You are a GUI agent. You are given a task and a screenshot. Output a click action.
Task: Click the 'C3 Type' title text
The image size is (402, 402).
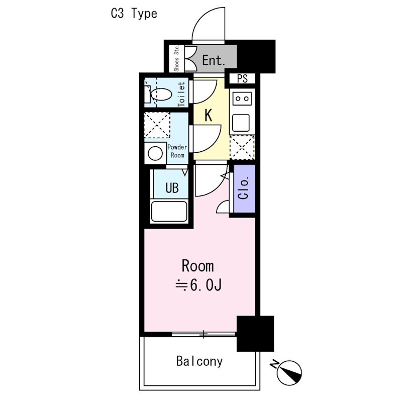134,14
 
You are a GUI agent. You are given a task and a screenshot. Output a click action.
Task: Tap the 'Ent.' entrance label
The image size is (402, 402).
213,61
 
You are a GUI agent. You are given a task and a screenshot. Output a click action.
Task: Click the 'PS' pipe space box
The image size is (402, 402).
243,78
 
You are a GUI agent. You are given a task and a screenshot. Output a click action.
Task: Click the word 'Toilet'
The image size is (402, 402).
182,94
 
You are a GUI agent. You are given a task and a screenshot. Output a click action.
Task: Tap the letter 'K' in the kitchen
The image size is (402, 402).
209,116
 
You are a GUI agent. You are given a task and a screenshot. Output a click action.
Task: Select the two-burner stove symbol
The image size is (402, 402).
242,98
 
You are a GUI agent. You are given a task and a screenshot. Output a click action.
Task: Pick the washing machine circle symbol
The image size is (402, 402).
155,153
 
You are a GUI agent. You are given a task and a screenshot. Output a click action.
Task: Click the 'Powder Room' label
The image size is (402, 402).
177,151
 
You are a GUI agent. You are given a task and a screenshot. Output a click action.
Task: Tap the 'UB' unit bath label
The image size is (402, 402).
172,188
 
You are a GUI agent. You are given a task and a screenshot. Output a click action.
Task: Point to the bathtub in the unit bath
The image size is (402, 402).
169,212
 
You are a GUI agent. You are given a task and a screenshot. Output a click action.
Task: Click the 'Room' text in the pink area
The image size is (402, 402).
197,266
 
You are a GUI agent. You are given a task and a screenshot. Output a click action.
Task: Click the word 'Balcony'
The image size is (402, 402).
199,361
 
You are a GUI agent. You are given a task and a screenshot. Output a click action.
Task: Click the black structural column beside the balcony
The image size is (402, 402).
255,333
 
